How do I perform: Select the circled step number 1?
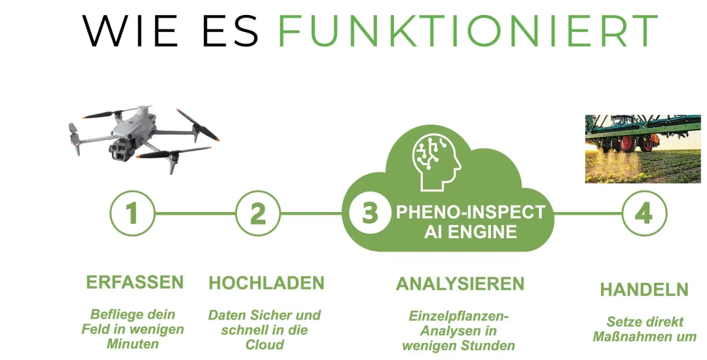pyautogui.click(x=132, y=213)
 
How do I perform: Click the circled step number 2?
pyautogui.click(x=258, y=213)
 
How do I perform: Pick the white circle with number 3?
pyautogui.click(x=370, y=213)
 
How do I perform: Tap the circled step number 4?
pyautogui.click(x=644, y=213)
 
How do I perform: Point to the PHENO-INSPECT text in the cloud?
pyautogui.click(x=471, y=212)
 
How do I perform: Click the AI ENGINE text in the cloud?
pyautogui.click(x=471, y=232)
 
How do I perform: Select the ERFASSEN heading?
pyautogui.click(x=135, y=283)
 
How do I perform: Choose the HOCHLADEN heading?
pyautogui.click(x=266, y=283)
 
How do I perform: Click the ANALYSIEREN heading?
pyautogui.click(x=460, y=284)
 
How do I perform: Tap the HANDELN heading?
pyautogui.click(x=644, y=289)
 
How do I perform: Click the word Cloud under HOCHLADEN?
pyautogui.click(x=264, y=345)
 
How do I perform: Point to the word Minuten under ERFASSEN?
pyautogui.click(x=132, y=344)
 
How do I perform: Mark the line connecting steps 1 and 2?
pyautogui.click(x=195, y=213)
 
